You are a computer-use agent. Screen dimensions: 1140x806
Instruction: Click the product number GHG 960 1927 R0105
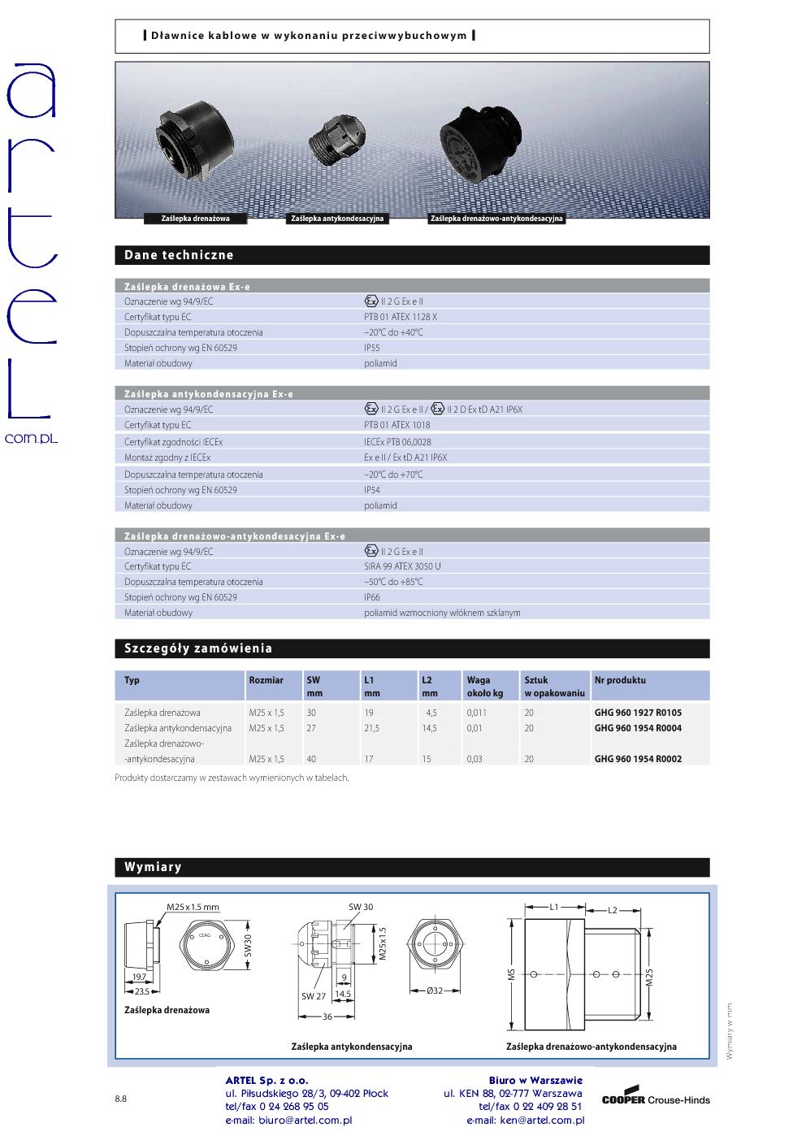tap(638, 713)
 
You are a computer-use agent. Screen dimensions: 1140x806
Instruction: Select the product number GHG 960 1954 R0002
tap(638, 759)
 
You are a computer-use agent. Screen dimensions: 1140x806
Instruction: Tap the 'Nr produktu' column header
tap(620, 680)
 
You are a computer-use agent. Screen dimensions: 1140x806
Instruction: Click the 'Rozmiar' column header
tap(266, 680)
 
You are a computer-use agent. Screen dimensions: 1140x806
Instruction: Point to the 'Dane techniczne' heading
tap(179, 255)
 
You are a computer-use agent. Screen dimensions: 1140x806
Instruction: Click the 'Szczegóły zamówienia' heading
tap(198, 648)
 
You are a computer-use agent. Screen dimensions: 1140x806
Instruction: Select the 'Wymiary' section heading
tap(153, 867)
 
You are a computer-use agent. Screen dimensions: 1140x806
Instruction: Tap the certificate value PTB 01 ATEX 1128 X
tap(401, 317)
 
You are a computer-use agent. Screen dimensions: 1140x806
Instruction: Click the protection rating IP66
tap(372, 597)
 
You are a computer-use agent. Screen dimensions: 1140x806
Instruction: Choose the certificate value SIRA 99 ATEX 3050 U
tap(403, 566)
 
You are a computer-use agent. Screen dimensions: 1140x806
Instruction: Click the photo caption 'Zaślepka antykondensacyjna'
tap(337, 219)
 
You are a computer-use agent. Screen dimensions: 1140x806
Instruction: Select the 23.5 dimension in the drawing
tap(141, 991)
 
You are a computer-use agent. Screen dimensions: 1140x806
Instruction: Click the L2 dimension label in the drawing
tap(613, 910)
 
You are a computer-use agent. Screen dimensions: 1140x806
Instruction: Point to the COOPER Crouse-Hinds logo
tap(655, 1099)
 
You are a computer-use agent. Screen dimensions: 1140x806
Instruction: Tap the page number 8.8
tap(120, 1099)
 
